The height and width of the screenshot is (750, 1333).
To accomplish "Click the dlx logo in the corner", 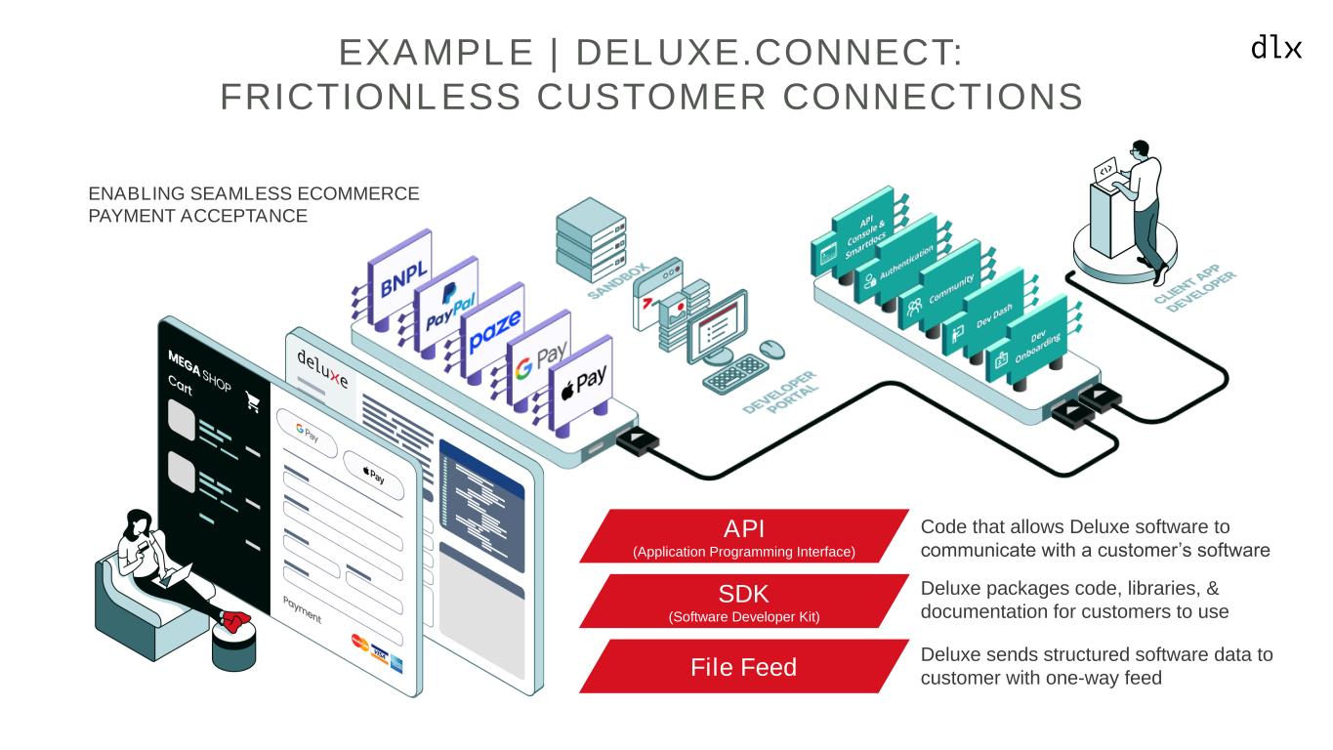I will point(1276,47).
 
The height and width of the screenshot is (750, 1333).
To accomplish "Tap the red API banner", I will point(744,536).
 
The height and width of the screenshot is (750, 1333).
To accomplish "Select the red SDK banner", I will point(744,601).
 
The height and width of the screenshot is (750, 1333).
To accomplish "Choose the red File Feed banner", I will point(744,667).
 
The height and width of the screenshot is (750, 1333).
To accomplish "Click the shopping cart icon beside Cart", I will point(252,402).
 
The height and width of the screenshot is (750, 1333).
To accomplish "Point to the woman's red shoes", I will point(235,619).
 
